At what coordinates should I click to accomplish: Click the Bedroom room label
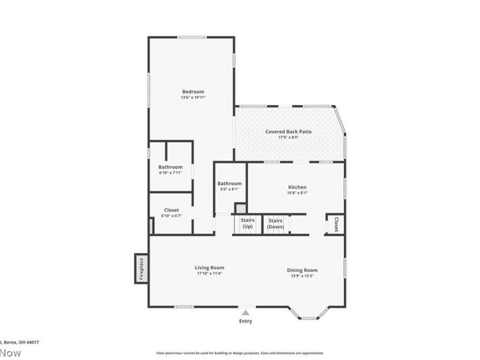(x=193, y=91)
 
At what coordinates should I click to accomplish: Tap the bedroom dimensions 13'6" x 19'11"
(x=193, y=97)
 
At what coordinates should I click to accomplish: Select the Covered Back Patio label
(x=289, y=131)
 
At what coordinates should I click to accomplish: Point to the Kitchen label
(x=297, y=187)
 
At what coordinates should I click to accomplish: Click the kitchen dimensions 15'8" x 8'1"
(x=297, y=193)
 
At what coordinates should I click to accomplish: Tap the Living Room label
(x=209, y=268)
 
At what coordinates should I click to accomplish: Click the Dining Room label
(x=302, y=270)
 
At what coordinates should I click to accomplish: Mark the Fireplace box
(x=141, y=268)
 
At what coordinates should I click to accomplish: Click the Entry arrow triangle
(x=245, y=312)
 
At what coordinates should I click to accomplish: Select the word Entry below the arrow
(x=245, y=321)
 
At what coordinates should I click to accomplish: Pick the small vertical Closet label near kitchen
(x=336, y=224)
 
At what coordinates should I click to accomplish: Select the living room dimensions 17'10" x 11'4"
(x=209, y=274)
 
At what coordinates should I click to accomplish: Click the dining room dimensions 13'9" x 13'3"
(x=302, y=276)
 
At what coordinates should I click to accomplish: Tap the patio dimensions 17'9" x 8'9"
(x=289, y=137)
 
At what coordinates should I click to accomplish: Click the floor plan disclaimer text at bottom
(x=240, y=353)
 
